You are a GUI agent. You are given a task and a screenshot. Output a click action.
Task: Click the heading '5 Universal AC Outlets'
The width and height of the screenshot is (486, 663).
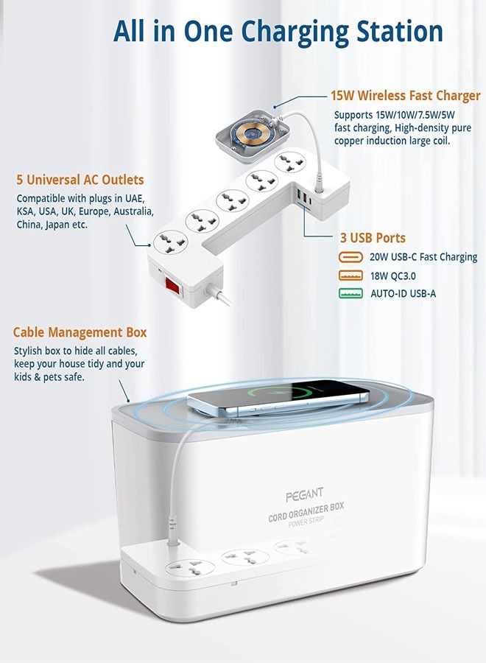[x=80, y=180]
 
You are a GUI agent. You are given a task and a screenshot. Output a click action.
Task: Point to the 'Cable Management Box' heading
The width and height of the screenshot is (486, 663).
[x=80, y=332]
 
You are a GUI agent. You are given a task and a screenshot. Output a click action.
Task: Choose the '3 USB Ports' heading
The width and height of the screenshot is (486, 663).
[x=371, y=238]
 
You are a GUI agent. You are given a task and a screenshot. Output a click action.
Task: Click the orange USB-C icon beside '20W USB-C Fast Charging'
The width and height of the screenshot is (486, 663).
[x=351, y=257]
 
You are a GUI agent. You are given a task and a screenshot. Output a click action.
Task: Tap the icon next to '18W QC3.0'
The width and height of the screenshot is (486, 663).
[x=351, y=276]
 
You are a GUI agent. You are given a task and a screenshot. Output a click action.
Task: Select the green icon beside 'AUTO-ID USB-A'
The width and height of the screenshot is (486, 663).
[x=351, y=293]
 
